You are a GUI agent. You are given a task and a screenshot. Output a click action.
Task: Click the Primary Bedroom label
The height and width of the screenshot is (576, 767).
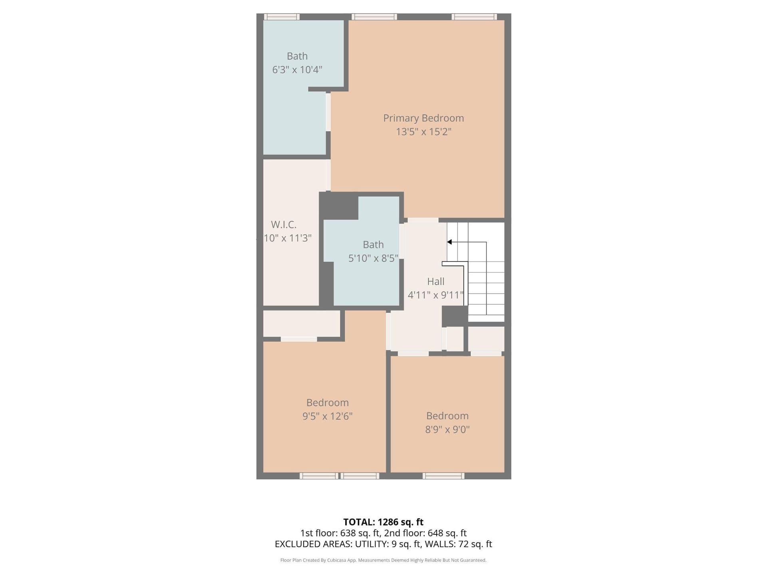click(423, 118)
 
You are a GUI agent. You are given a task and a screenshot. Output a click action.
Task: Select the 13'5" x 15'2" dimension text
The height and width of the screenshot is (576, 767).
click(423, 132)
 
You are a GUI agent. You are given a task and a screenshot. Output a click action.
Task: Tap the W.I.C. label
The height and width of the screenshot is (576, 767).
click(284, 224)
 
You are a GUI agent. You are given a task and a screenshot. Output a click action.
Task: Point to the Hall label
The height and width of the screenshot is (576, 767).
click(435, 281)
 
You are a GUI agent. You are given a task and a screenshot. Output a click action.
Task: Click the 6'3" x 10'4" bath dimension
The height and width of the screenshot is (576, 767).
click(297, 70)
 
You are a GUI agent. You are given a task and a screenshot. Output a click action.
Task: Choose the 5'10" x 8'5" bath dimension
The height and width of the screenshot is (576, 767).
click(373, 258)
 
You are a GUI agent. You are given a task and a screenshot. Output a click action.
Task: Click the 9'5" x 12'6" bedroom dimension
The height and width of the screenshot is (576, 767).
click(328, 416)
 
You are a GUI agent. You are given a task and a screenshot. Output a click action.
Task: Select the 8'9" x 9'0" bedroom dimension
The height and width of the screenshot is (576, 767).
click(447, 429)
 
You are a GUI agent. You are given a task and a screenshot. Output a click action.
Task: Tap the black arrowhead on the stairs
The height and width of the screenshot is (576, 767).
click(449, 242)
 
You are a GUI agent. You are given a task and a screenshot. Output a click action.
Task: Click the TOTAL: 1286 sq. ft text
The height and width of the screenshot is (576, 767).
click(383, 522)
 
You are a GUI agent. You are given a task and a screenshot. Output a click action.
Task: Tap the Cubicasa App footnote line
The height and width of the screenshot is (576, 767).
click(383, 560)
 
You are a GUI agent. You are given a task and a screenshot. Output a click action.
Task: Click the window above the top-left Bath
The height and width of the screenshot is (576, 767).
click(282, 17)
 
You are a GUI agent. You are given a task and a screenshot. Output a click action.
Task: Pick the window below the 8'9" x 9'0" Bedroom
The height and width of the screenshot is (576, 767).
click(443, 476)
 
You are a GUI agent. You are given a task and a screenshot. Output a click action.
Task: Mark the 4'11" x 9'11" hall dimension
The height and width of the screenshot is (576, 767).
click(435, 295)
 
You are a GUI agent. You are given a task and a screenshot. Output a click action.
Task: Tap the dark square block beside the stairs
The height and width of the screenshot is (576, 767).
click(455, 316)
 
